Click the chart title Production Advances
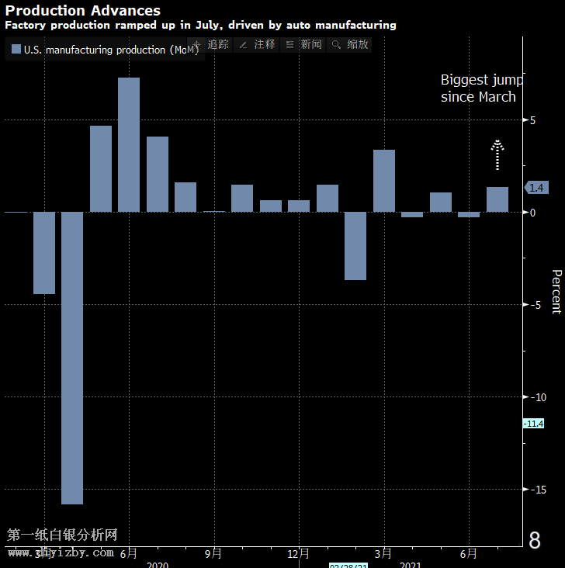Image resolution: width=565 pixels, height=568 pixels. (83, 11)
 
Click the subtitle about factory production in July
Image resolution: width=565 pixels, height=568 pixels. (201, 25)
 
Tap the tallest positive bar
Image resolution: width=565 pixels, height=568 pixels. (129, 144)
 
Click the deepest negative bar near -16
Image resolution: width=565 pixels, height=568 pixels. (72, 358)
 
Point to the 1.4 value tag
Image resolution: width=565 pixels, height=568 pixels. (536, 187)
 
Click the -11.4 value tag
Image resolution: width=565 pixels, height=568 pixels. (533, 423)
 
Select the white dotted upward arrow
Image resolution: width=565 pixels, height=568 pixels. (497, 154)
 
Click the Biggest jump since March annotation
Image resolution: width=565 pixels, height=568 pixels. (481, 88)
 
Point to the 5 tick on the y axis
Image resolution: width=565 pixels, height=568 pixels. (533, 120)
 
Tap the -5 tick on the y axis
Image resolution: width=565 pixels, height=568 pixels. (533, 304)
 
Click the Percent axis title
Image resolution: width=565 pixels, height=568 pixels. (556, 292)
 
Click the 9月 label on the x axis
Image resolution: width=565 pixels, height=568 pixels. (213, 553)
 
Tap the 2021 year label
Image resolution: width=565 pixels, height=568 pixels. (411, 565)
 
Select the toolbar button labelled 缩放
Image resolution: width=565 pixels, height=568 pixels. (350, 44)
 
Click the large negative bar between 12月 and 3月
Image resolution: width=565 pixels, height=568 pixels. (355, 245)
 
